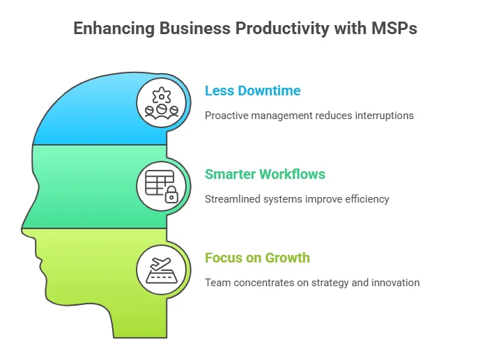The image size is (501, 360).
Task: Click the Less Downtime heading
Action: pos(252,91)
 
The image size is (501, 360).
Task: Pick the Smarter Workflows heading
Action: pos(265,174)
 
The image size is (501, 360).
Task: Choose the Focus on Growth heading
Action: pos(257,258)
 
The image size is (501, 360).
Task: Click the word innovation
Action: pos(395,283)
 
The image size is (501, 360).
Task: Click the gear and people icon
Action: pos(162,102)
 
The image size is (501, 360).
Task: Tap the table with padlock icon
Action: pos(162,185)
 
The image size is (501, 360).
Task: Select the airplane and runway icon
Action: pos(162,269)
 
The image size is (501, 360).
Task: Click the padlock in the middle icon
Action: pos(170,196)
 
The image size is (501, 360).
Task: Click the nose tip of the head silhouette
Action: pos(23,227)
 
